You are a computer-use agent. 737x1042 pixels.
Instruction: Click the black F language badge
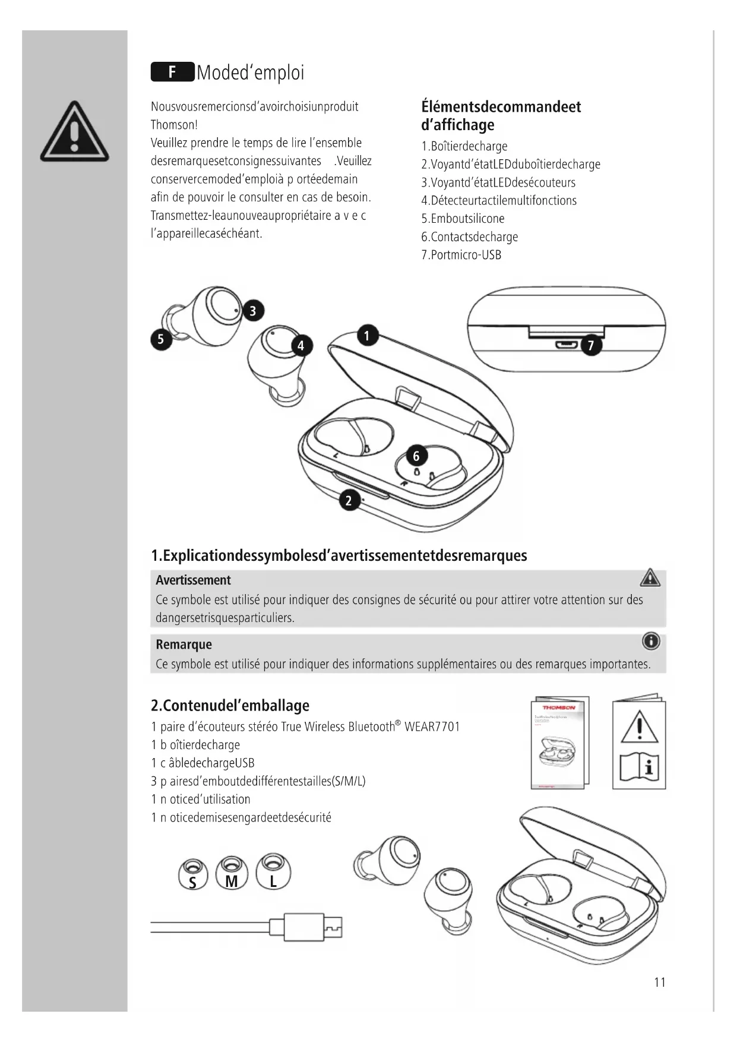[172, 72]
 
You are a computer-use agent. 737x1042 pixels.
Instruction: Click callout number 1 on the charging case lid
[367, 336]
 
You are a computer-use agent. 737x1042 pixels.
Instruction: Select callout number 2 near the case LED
[349, 500]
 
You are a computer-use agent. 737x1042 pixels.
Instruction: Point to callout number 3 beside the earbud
[253, 311]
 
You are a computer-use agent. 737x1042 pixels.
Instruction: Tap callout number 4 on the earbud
[301, 346]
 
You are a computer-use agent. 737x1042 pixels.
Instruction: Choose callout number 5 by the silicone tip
[160, 339]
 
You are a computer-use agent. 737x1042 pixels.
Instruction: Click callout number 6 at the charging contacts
[416, 456]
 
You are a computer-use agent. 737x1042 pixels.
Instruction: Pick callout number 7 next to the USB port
[590, 346]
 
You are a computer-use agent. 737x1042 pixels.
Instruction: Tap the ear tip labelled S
[192, 874]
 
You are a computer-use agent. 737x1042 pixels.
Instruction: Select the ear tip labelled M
[232, 873]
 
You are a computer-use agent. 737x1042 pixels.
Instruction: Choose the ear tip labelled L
[273, 872]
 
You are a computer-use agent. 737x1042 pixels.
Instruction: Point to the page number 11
[659, 982]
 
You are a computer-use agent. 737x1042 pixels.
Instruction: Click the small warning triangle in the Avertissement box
[650, 577]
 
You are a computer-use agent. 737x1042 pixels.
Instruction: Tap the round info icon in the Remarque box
[651, 642]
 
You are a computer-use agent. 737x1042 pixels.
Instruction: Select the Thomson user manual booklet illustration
[559, 743]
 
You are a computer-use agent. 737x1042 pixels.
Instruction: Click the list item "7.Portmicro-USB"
[461, 255]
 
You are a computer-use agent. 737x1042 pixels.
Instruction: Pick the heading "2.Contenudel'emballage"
[230, 705]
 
